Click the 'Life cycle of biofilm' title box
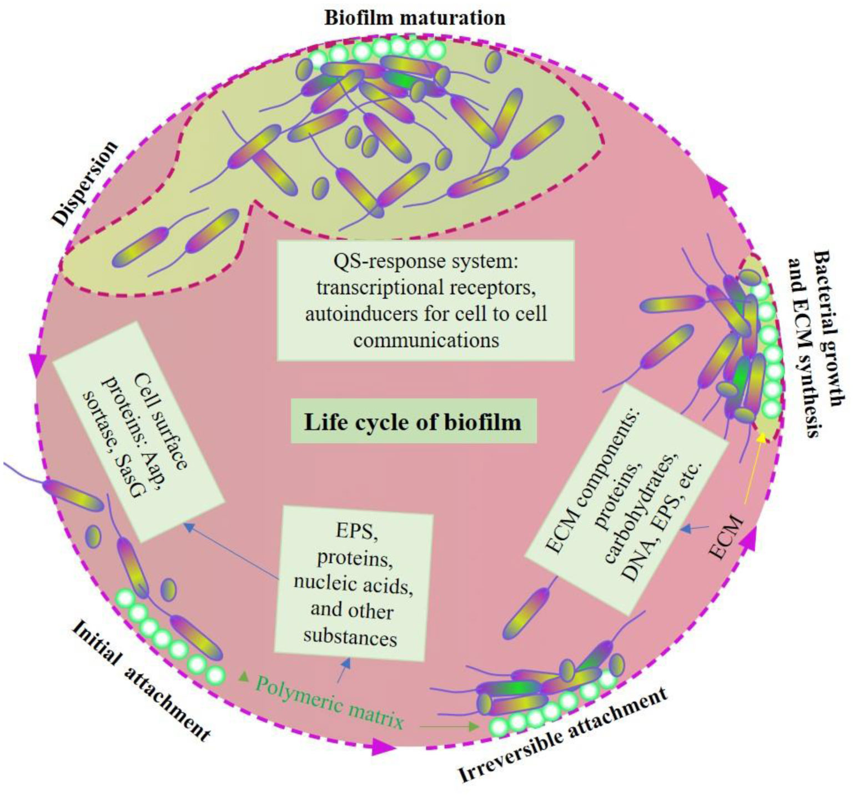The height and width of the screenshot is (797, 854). point(414,421)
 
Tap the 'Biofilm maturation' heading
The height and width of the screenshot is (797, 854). point(415,18)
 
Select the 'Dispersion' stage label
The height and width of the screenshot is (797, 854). point(85,183)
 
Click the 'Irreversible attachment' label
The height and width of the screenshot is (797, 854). point(562,735)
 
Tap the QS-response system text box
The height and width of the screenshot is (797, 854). point(426,300)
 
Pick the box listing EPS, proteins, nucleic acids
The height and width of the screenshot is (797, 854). point(353,583)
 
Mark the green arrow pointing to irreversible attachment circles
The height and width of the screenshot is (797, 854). point(449,726)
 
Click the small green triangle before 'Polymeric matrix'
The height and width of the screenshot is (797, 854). point(243,677)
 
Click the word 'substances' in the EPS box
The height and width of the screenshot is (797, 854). point(350,636)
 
